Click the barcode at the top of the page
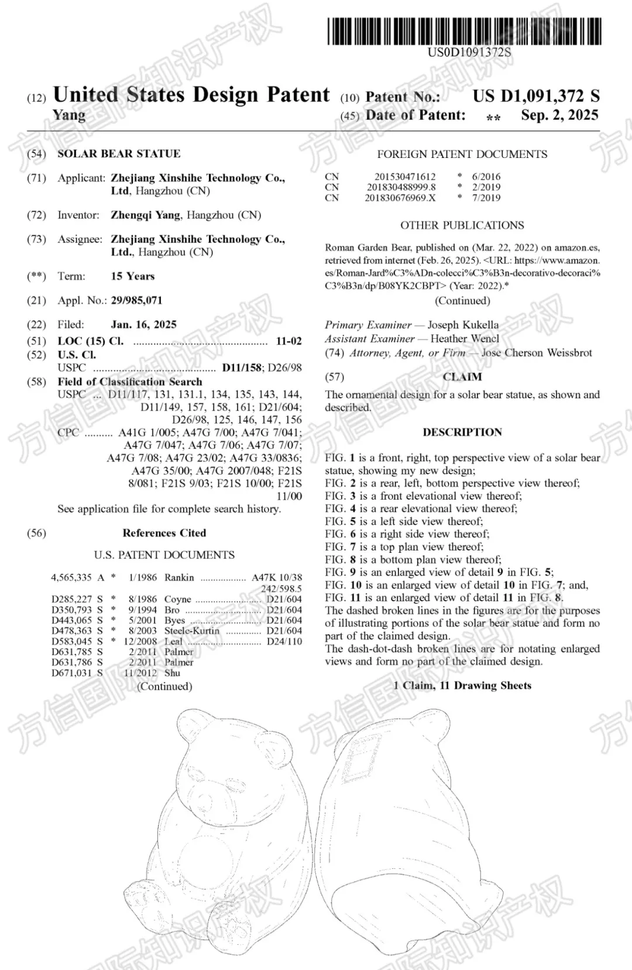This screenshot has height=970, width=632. [464, 32]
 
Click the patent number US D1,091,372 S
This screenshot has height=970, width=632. [536, 96]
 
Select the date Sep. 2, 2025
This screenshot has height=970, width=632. [559, 115]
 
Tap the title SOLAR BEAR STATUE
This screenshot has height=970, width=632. [119, 154]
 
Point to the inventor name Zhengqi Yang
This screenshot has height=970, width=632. [146, 215]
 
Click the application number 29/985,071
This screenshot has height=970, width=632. [136, 301]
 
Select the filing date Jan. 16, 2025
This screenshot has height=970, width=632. [143, 325]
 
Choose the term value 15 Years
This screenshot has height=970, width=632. [133, 276]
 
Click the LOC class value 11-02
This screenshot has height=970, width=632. [288, 341]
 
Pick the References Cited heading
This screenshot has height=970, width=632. [164, 533]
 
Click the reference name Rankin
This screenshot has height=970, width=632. [179, 577]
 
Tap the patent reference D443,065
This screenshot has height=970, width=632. [71, 620]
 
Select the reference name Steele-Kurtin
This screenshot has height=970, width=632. [192, 631]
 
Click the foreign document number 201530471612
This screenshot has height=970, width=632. [405, 177]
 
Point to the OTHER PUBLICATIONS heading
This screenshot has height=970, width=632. [462, 225]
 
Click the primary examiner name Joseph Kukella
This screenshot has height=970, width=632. [463, 325]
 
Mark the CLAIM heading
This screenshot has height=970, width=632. [462, 377]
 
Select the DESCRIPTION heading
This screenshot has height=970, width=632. [462, 432]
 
